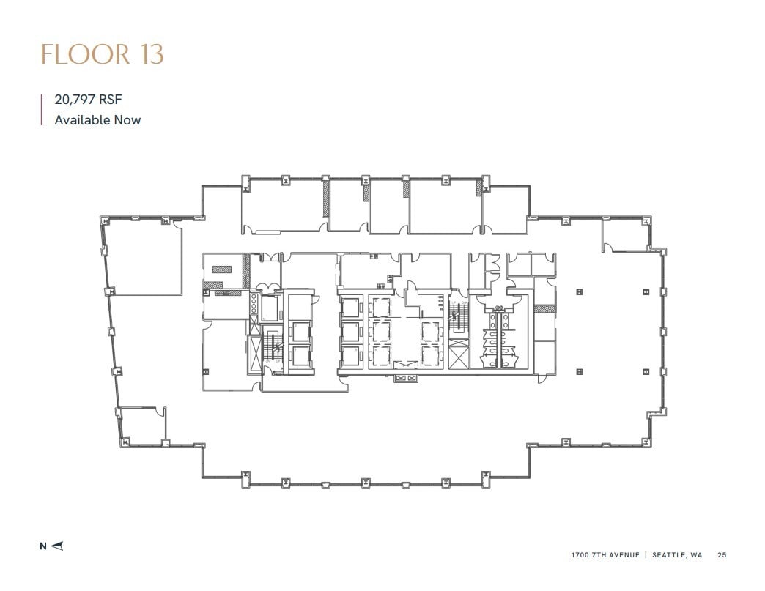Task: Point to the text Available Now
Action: coord(97,119)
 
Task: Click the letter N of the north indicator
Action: coord(42,546)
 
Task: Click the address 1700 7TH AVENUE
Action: coord(605,555)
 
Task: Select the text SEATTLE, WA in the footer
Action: coord(675,555)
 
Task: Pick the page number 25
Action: coord(722,555)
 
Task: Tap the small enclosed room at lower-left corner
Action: coord(141,425)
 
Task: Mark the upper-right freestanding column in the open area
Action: coord(646,291)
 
